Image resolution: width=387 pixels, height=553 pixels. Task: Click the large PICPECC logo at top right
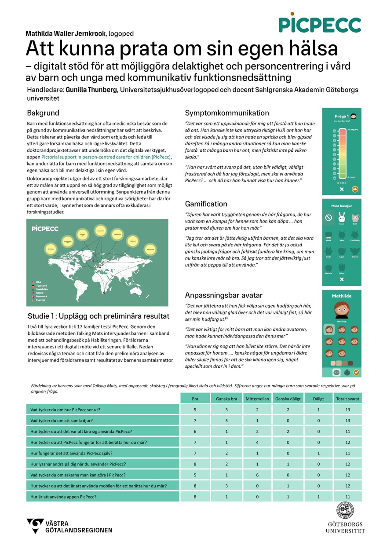tap(319, 24)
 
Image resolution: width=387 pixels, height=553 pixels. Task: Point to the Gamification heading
tap(206, 204)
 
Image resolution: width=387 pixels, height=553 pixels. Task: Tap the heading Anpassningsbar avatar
tap(223, 295)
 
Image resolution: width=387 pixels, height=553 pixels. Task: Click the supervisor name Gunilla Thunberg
tap(91, 90)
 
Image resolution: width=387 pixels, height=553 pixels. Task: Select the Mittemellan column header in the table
tap(257, 399)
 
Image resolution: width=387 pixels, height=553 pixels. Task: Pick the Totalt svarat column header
tap(347, 399)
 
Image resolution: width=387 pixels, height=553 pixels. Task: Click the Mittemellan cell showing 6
tap(257, 475)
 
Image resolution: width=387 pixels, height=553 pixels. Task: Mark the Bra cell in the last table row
tap(195, 496)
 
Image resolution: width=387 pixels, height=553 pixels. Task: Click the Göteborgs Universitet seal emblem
tap(345, 511)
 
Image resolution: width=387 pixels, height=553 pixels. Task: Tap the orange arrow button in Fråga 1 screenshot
tap(355, 189)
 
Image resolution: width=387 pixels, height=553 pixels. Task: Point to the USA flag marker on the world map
tap(67, 259)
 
